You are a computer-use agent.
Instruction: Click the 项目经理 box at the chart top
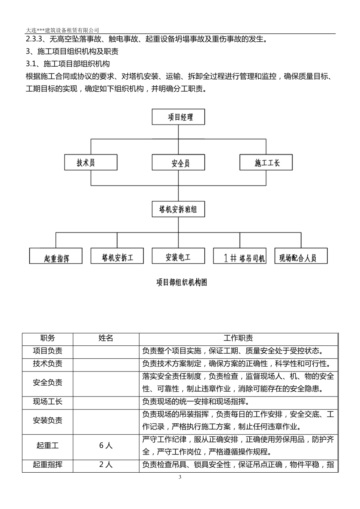(x=178, y=117)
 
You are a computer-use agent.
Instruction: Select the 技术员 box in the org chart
(x=91, y=163)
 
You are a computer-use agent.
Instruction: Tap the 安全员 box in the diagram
(x=178, y=163)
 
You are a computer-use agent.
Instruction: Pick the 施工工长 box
(x=266, y=163)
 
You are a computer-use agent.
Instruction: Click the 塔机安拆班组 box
(x=178, y=209)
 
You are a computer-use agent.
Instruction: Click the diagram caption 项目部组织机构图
(x=182, y=282)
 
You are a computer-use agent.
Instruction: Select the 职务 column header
(x=47, y=339)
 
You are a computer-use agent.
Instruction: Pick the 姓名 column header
(x=106, y=339)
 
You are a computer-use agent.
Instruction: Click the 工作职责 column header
(x=238, y=339)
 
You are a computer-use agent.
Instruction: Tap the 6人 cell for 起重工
(x=106, y=446)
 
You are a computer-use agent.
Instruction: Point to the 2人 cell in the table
(x=106, y=465)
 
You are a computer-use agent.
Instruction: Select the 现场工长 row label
(x=47, y=402)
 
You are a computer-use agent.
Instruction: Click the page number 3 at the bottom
(x=180, y=477)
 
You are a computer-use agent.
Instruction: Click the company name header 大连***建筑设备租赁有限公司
(x=63, y=30)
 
